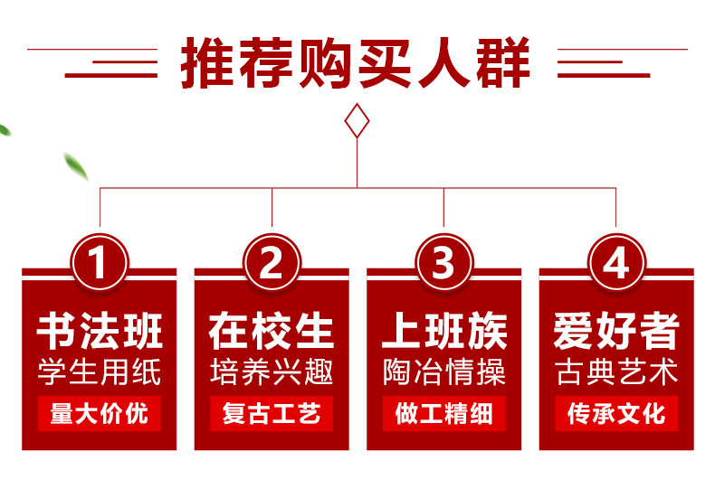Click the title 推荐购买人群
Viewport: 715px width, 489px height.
(357, 61)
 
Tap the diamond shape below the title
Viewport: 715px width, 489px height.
(357, 121)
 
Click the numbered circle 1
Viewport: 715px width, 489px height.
(100, 264)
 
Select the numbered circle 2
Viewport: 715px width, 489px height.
(272, 264)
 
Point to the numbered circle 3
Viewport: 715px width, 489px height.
(443, 264)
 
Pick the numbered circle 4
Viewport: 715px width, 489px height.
(615, 264)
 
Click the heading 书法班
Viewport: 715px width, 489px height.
(100, 332)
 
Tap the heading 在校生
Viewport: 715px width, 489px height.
(272, 332)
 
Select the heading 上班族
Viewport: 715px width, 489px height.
(443, 332)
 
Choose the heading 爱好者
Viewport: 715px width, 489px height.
(615, 332)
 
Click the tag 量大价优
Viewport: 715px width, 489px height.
(100, 414)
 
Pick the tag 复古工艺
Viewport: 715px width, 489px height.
(272, 414)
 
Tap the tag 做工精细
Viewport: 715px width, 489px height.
(443, 414)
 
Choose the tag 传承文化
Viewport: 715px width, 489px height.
(615, 414)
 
